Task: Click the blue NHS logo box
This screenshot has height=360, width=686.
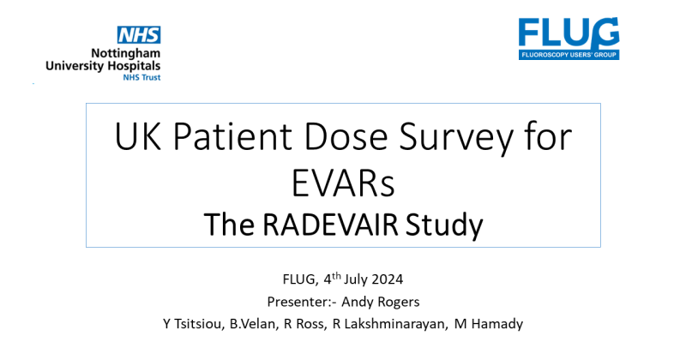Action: tap(139, 35)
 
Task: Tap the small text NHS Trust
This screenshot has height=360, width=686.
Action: tap(141, 76)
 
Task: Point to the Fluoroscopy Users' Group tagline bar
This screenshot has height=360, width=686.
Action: tap(568, 54)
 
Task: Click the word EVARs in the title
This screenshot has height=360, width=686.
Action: tap(343, 182)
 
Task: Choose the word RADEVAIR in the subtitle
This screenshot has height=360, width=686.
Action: tap(340, 225)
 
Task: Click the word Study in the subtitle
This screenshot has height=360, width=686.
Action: tap(446, 225)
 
